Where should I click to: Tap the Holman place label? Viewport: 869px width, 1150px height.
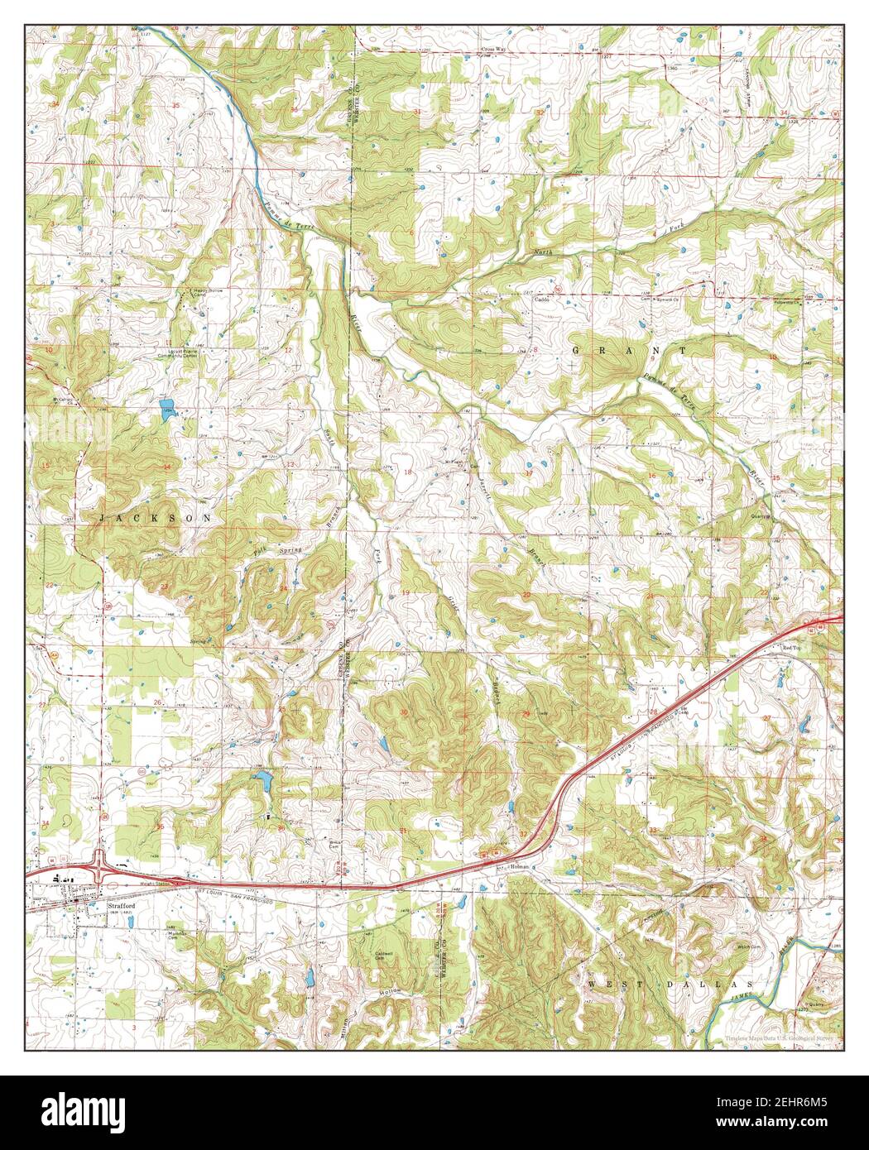pos(519,866)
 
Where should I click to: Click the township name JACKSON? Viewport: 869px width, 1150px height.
pos(155,517)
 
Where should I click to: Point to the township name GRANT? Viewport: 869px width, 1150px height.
pos(628,351)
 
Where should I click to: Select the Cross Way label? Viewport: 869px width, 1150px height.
pos(494,50)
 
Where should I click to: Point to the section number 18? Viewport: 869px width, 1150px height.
pos(407,471)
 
